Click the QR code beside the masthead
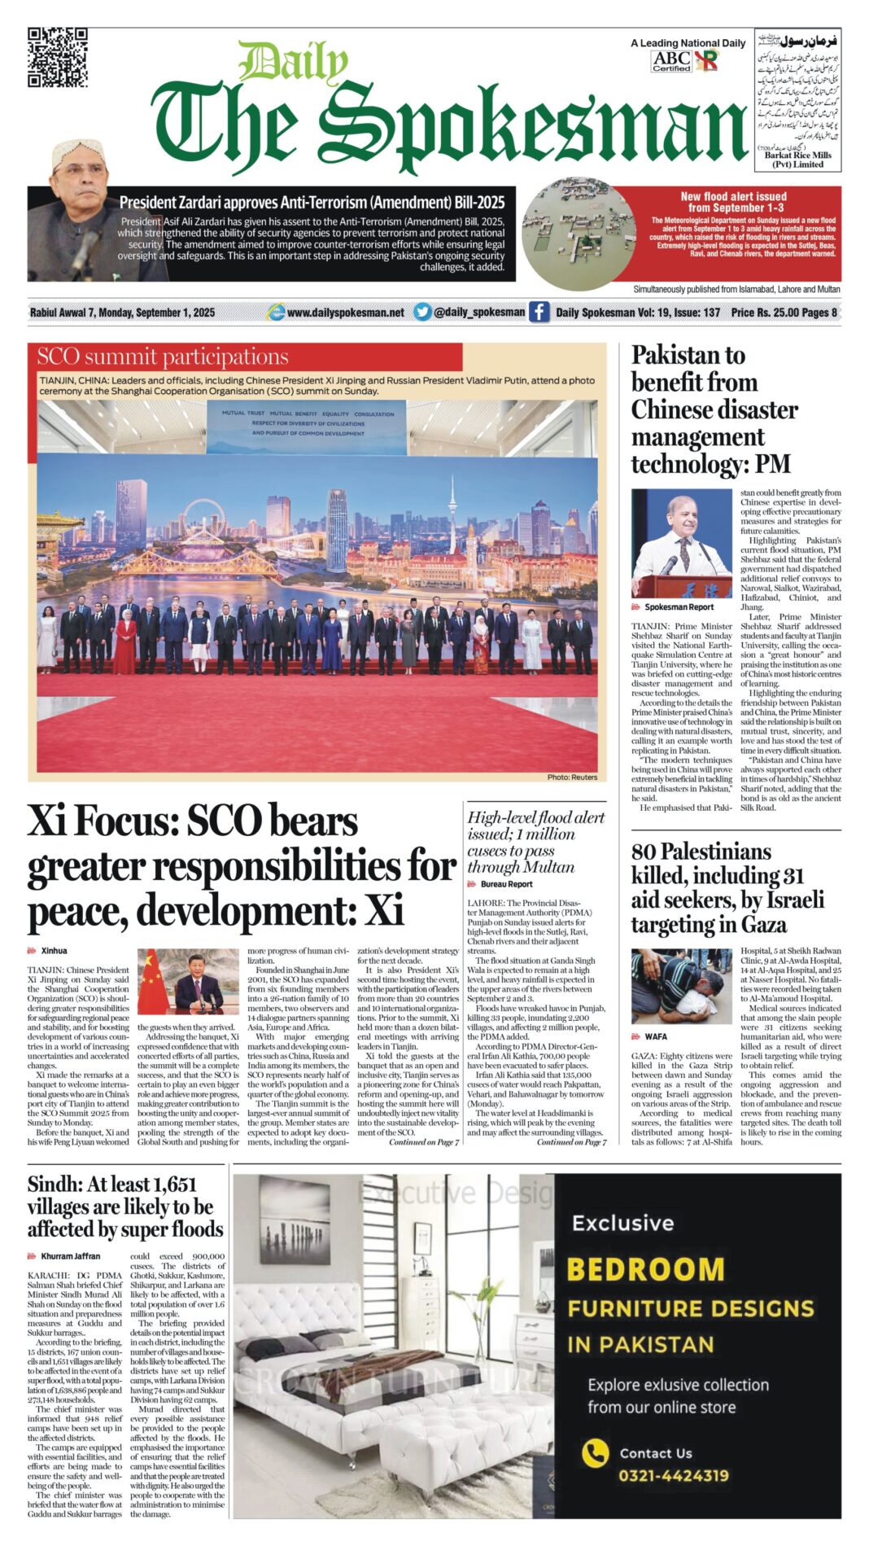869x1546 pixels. (57, 57)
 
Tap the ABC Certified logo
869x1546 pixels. (671, 61)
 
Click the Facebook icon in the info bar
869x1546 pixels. (539, 312)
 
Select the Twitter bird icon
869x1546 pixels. (421, 312)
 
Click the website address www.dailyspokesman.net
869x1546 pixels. (345, 313)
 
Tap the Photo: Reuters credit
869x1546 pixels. (572, 777)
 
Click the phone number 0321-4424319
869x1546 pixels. (673, 1475)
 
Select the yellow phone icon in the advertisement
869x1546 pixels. (596, 1452)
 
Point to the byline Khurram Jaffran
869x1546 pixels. (70, 1256)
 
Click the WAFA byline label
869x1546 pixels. (655, 1036)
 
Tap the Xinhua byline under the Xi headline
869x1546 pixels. (54, 951)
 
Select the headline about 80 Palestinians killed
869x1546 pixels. (727, 887)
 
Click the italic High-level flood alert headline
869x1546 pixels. (535, 842)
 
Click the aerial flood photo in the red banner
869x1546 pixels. (579, 233)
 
